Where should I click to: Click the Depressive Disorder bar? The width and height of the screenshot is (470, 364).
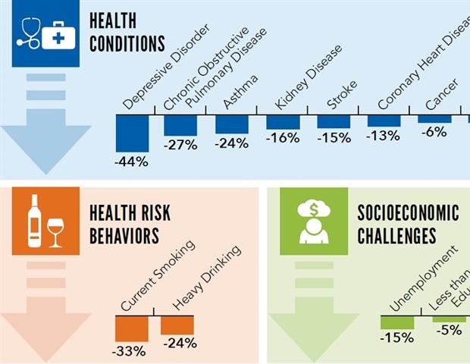click(131, 133)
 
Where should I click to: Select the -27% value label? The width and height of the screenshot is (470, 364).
click(180, 144)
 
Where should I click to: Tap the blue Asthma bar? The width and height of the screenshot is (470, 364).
click(231, 124)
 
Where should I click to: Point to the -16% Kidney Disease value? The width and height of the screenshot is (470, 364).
click(283, 138)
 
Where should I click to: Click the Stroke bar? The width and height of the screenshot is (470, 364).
click(334, 121)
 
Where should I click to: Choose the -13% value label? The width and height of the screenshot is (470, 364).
click(384, 136)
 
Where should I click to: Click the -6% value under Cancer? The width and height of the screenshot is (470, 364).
click(435, 131)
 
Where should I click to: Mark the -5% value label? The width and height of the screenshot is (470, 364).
click(448, 331)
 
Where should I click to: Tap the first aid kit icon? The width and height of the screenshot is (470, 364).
click(58, 34)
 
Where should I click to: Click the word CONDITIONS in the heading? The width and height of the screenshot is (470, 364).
click(127, 43)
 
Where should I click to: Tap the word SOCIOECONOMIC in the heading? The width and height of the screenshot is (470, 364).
click(408, 212)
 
